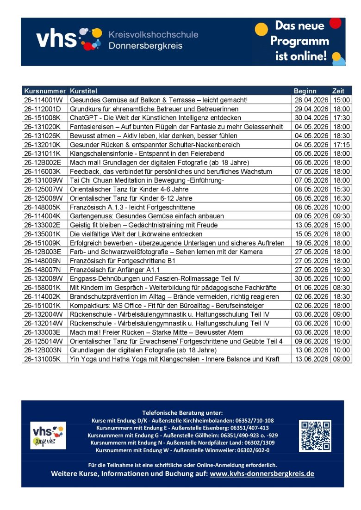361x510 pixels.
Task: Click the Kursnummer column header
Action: [x=45, y=91]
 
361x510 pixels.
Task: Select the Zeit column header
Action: [x=338, y=91]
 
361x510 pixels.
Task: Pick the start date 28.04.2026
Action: [x=311, y=100]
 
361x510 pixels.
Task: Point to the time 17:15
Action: [x=341, y=145]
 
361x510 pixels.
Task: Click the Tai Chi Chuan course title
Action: [x=147, y=180]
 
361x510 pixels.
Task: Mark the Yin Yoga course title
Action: [x=174, y=359]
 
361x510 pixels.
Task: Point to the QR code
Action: [x=315, y=436]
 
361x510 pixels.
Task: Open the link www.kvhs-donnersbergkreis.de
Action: [x=262, y=474]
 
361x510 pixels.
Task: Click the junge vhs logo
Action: [x=48, y=435]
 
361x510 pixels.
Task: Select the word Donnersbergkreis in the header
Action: [x=145, y=46]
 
